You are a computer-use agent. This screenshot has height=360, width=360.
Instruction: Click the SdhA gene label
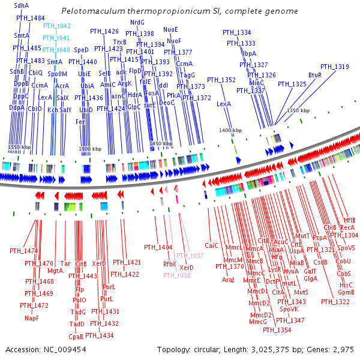tap(21, 5)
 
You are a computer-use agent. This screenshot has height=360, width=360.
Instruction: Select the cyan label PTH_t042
tap(57, 26)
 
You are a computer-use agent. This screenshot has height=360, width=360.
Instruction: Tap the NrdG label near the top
tap(137, 22)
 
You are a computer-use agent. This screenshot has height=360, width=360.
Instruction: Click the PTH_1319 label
tap(334, 67)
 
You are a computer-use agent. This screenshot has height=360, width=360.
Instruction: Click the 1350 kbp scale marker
tap(298, 111)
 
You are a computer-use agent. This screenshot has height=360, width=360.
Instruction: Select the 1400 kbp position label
tap(230, 130)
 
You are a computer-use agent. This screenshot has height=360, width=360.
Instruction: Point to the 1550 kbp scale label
tap(19, 147)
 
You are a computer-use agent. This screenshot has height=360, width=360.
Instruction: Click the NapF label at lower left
tap(31, 319)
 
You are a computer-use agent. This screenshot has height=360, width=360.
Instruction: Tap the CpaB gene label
tap(76, 337)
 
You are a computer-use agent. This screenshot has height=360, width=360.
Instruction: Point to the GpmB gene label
tap(346, 292)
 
